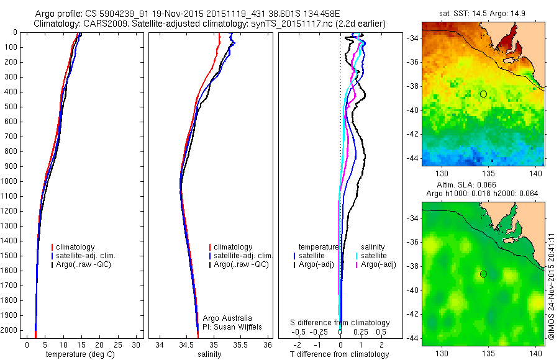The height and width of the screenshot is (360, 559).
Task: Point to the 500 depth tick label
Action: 10,107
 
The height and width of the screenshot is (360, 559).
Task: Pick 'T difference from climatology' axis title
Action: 339,354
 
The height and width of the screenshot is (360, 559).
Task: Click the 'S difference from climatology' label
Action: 340,323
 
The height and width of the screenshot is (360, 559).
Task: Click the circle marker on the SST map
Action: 483,94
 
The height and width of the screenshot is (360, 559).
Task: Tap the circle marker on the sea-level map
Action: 483,274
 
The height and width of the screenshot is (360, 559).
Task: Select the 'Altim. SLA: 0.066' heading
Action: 483,185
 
